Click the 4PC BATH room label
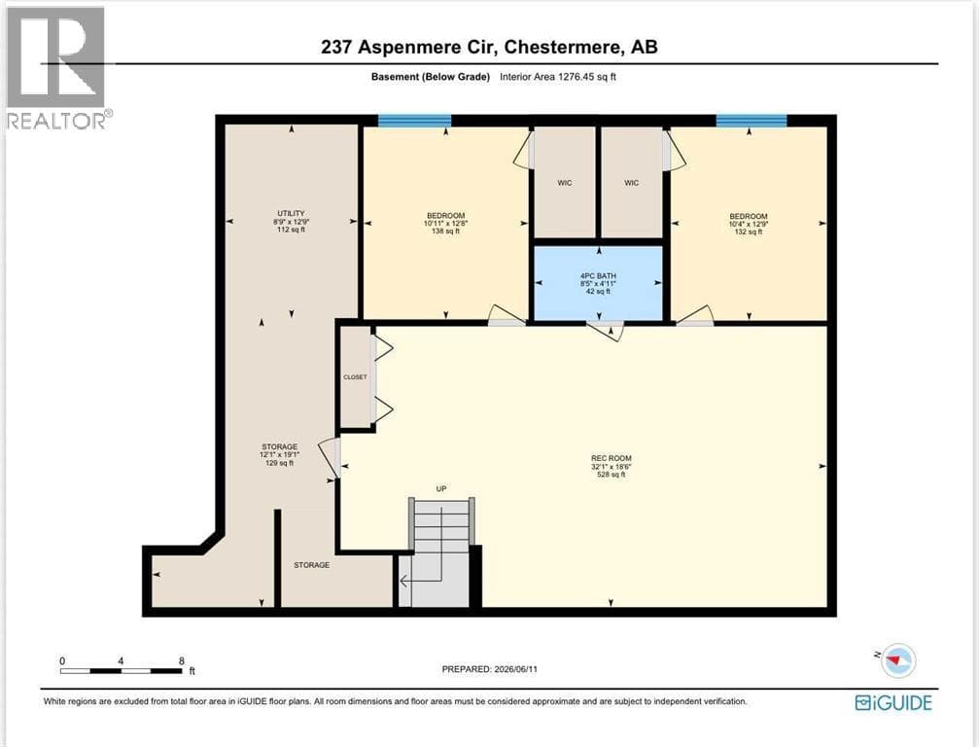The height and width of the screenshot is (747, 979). coord(598,275)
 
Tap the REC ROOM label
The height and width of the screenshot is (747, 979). coord(612,458)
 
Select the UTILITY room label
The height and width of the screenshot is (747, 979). coord(291,214)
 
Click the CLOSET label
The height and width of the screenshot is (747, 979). coord(355,377)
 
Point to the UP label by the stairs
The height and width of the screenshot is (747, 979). coord(441,489)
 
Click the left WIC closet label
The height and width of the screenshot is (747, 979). coord(565,183)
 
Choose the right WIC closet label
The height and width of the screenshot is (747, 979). coord(631,183)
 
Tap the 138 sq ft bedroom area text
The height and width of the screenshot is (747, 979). coord(446,231)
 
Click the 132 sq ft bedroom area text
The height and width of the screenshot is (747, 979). coord(748,231)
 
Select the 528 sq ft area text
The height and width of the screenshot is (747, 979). coord(612,475)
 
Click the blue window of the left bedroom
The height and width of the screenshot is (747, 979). coord(414,121)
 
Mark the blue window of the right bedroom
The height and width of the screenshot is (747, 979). coord(752,121)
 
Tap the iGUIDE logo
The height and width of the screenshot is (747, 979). coord(893,702)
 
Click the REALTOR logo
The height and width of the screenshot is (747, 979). coord(58,68)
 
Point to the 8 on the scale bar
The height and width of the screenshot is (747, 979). coord(182,660)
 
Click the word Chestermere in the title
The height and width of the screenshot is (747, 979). coord(563,47)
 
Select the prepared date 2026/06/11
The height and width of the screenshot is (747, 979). coord(515,669)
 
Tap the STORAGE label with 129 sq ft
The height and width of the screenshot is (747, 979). coord(279,447)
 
